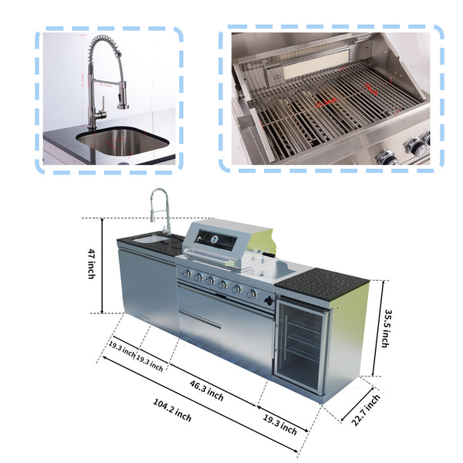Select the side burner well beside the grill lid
tap(274, 270)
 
